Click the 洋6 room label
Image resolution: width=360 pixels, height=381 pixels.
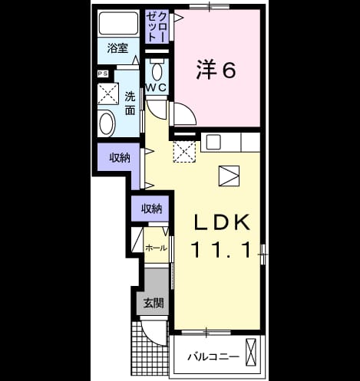pyautogui.click(x=216, y=70)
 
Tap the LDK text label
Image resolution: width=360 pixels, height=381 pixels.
pyautogui.click(x=222, y=222)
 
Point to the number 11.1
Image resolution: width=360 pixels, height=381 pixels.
pyautogui.click(x=222, y=250)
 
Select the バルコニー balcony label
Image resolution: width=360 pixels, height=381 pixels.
pyautogui.click(x=213, y=356)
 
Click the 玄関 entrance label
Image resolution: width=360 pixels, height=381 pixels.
pyautogui.click(x=154, y=304)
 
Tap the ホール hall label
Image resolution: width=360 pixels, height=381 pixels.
pyautogui.click(x=156, y=248)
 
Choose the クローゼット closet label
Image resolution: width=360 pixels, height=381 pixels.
pyautogui.click(x=157, y=26)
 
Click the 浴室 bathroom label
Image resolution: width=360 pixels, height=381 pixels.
pyautogui.click(x=117, y=48)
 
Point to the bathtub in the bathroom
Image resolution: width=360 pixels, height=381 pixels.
pyautogui.click(x=118, y=23)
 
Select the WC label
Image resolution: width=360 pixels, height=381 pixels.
pyautogui.click(x=157, y=87)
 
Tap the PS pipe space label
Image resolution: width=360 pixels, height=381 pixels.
pyautogui.click(x=103, y=74)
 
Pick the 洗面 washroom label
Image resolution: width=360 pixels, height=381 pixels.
pyautogui.click(x=130, y=103)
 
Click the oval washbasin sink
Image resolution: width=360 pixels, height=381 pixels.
pyautogui.click(x=106, y=123)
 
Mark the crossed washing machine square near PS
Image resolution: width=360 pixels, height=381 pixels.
pyautogui.click(x=108, y=94)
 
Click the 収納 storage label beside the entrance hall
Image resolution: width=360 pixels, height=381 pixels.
pyautogui.click(x=152, y=209)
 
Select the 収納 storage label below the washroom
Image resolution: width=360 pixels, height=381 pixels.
pyautogui.click(x=120, y=158)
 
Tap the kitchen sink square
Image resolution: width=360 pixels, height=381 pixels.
pyautogui.click(x=213, y=142)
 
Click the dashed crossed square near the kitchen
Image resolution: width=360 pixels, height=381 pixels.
pyautogui.click(x=184, y=151)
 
